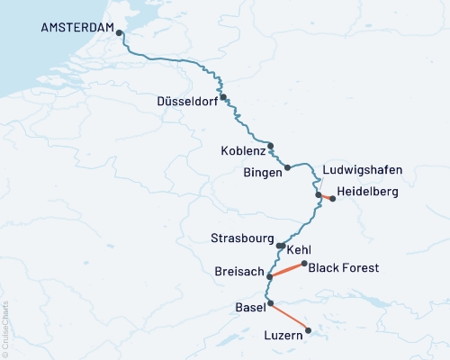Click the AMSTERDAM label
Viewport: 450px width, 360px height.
(77, 28)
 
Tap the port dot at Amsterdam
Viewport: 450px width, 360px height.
(119, 33)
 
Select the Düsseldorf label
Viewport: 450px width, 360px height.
(187, 101)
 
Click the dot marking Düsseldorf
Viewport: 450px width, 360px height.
(223, 97)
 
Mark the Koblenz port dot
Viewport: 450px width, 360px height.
(270, 145)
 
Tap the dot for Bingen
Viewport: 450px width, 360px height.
(288, 167)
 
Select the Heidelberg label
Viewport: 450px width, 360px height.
(367, 192)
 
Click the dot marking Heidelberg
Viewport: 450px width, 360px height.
(333, 199)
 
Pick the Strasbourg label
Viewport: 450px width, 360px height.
(242, 239)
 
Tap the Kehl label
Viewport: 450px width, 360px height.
(299, 249)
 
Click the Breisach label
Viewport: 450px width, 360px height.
(239, 271)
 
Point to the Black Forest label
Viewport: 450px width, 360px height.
(343, 267)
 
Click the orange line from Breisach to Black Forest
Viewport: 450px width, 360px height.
(288, 270)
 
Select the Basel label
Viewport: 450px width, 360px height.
(249, 309)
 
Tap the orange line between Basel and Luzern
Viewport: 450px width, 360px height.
(289, 317)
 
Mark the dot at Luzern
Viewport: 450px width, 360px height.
(309, 330)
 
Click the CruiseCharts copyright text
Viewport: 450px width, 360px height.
(6, 325)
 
